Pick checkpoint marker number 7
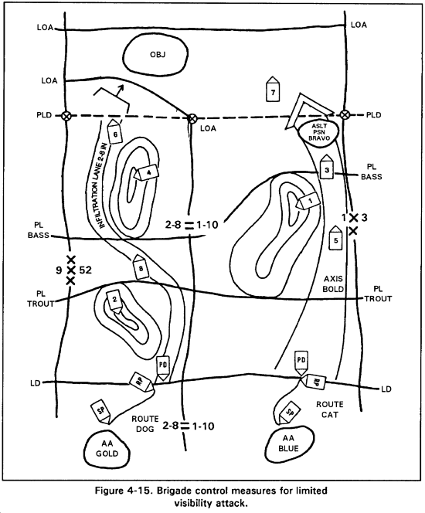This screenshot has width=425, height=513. click(272, 90)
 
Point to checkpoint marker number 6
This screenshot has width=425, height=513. click(114, 131)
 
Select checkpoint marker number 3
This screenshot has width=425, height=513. click(327, 167)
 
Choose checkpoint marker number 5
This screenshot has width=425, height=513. click(335, 238)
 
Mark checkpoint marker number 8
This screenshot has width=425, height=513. click(141, 267)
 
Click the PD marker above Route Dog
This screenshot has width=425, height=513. click(163, 368)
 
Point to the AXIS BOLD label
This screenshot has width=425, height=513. click(333, 284)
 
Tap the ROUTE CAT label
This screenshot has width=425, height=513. click(329, 409)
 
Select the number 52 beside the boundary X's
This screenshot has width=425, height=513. click(86, 270)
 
